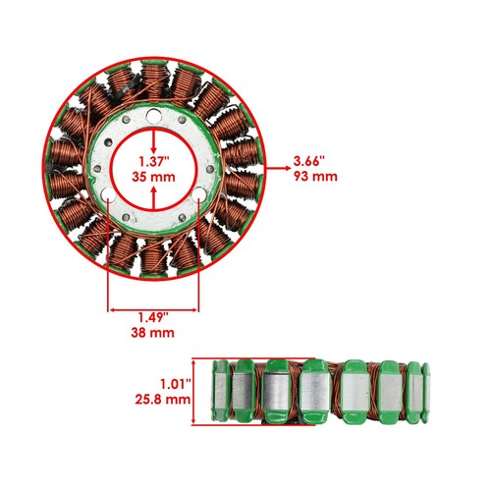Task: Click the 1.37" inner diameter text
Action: (x=155, y=159)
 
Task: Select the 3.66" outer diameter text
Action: (x=309, y=159)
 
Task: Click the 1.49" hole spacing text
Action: (x=152, y=316)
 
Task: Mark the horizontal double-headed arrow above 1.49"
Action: (x=153, y=299)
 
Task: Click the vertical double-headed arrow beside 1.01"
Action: (x=194, y=391)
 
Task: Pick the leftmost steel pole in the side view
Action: (x=220, y=391)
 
